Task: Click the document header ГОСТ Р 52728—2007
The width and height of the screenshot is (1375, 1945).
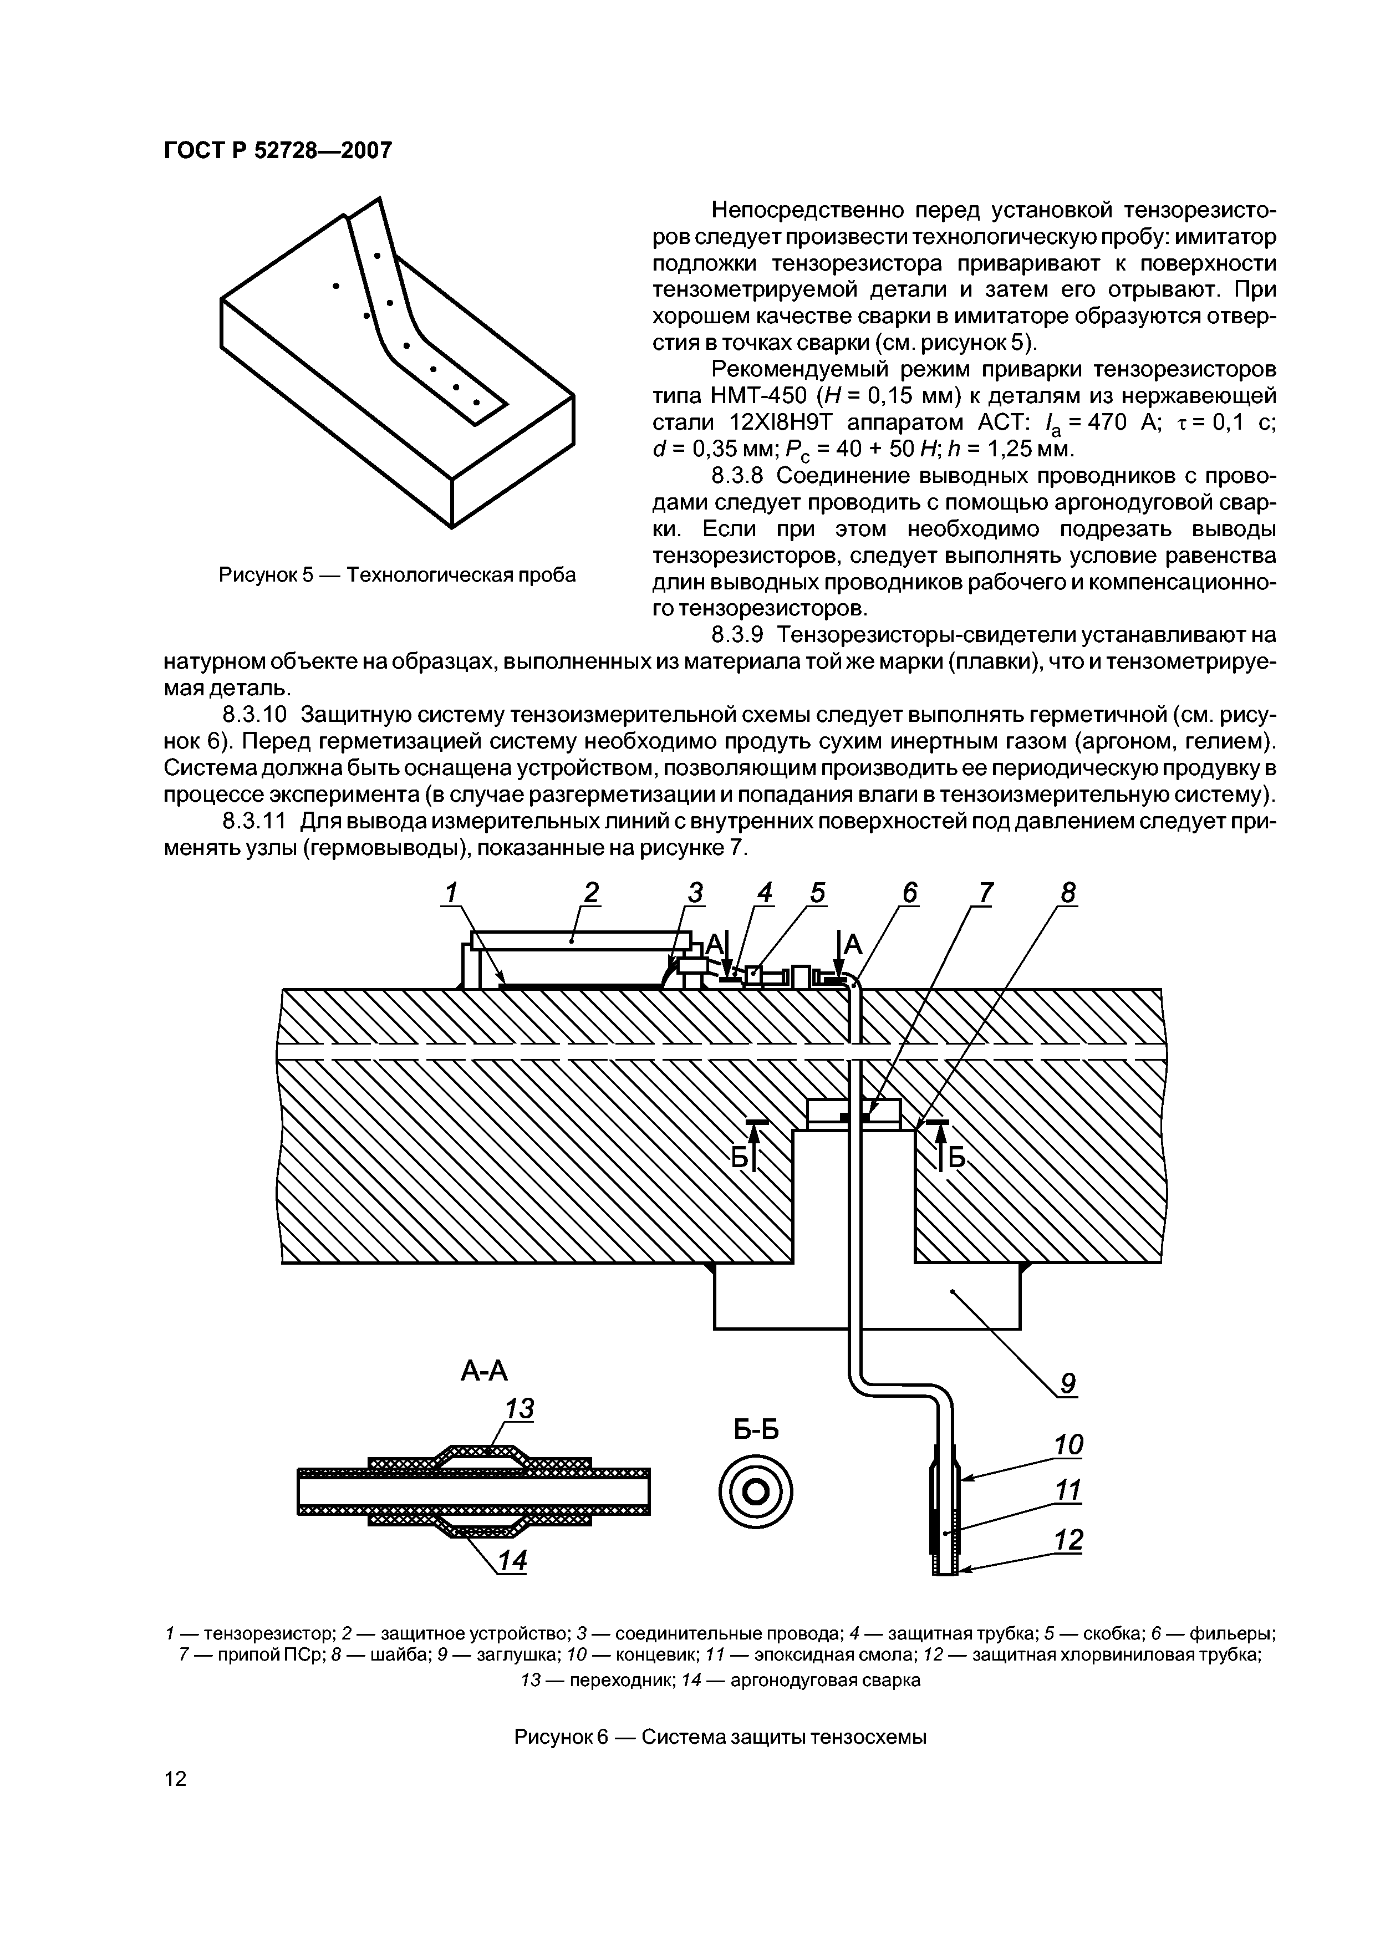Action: (x=277, y=151)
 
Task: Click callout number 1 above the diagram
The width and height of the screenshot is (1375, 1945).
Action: (x=451, y=893)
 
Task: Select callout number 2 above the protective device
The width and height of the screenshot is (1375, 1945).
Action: (x=590, y=893)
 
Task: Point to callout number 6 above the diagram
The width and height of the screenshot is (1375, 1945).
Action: (x=909, y=893)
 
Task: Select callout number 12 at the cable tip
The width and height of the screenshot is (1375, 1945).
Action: (x=1069, y=1539)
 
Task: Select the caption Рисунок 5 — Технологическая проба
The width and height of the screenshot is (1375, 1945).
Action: (x=398, y=575)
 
